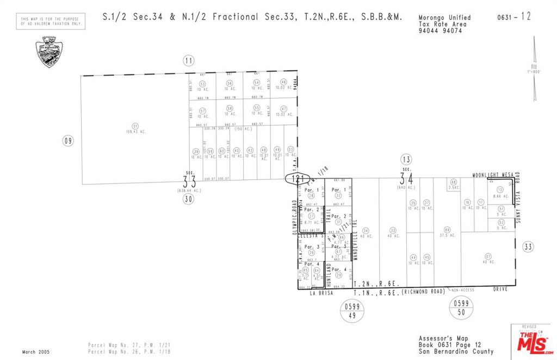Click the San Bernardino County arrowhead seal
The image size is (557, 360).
coord(48,52)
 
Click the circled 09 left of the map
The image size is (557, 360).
coord(68,141)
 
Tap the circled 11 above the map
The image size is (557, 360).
coord(188,60)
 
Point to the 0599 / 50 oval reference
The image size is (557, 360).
coord(460,308)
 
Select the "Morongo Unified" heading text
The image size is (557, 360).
coord(445,18)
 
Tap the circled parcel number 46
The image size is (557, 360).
coord(283,82)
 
